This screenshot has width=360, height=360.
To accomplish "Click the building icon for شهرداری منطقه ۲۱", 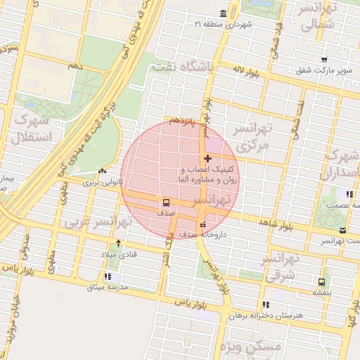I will pyautogui.click(x=224, y=14).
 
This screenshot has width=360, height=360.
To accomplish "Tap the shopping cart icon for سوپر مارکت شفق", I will pyautogui.click(x=323, y=60).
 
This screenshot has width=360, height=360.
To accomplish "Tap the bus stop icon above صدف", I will pyautogui.click(x=167, y=202).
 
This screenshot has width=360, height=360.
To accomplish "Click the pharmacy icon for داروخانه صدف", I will pyautogui.click(x=203, y=224).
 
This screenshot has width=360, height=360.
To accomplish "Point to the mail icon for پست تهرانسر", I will pyautogui.click(x=342, y=231).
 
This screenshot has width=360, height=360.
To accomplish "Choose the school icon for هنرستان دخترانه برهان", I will pyautogui.click(x=266, y=304).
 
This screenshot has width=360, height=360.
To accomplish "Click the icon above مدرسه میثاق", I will pyautogui.click(x=108, y=276).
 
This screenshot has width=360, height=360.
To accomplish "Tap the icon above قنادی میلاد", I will pyautogui.click(x=118, y=243).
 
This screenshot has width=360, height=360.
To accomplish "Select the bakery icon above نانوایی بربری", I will pyautogui.click(x=103, y=171).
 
